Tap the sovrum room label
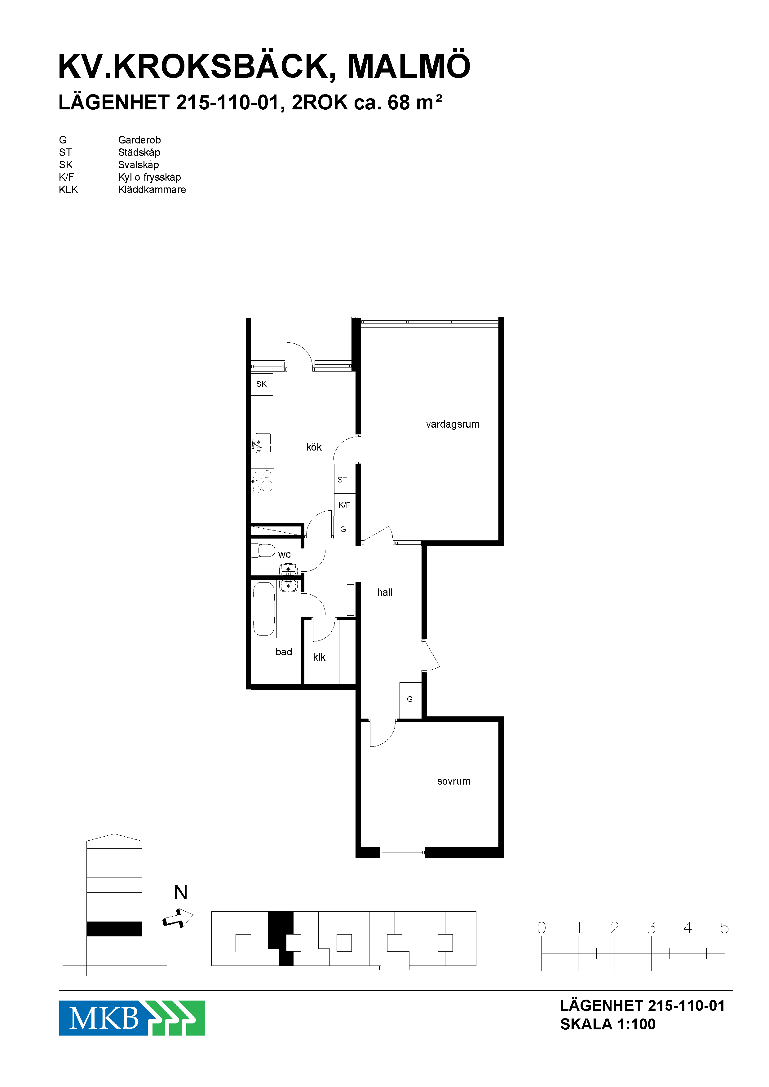[454, 781]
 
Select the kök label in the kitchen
[314, 447]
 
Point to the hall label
[385, 592]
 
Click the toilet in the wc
[263, 551]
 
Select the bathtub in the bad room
[264, 609]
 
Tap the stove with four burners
[262, 481]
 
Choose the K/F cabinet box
[345, 505]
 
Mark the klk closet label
[319, 657]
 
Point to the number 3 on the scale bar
[652, 927]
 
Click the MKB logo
[132, 1018]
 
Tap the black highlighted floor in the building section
[114, 929]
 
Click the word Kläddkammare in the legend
[152, 189]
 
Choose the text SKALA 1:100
[608, 1024]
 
